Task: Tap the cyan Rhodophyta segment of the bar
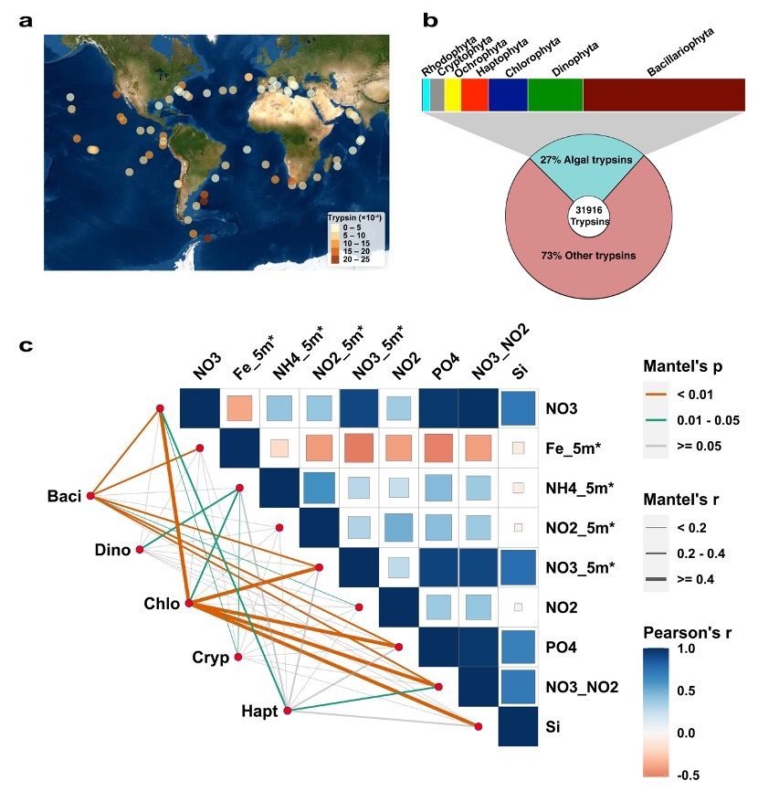coord(426,95)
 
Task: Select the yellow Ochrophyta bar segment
coord(453,95)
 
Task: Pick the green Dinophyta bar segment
coord(554,95)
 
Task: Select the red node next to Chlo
coord(189,604)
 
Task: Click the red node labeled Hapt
coord(287,710)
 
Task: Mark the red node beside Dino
coord(140,550)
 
